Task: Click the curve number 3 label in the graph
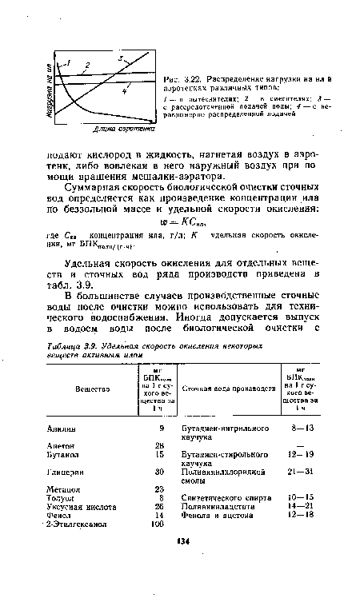click(x=122, y=58)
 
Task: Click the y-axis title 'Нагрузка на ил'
click(x=50, y=86)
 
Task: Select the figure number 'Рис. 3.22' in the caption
click(x=190, y=78)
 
